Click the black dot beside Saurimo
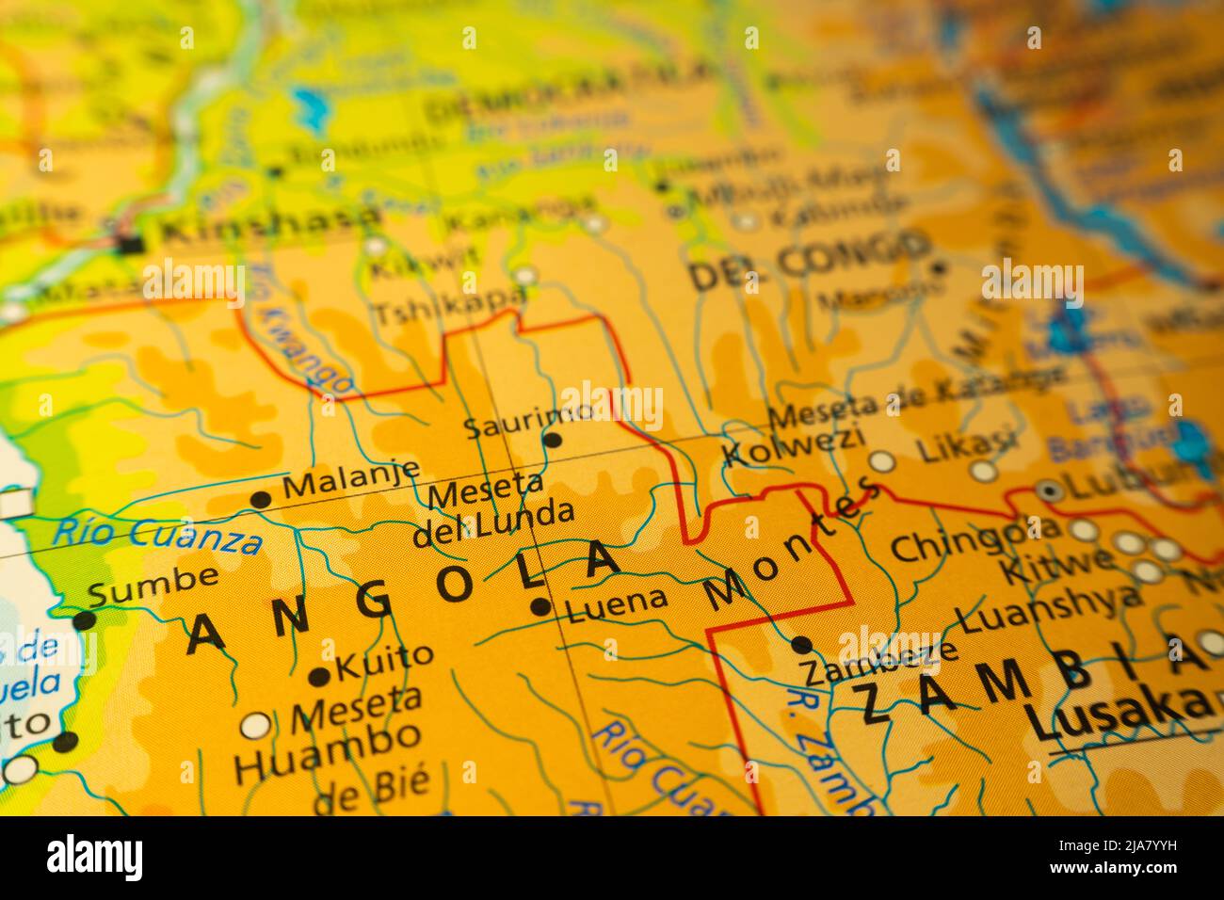click(x=553, y=440)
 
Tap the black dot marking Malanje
click(x=261, y=500)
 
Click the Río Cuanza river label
click(x=156, y=534)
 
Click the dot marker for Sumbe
click(x=84, y=619)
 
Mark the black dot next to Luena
click(x=540, y=607)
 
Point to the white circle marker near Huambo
click(x=255, y=726)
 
